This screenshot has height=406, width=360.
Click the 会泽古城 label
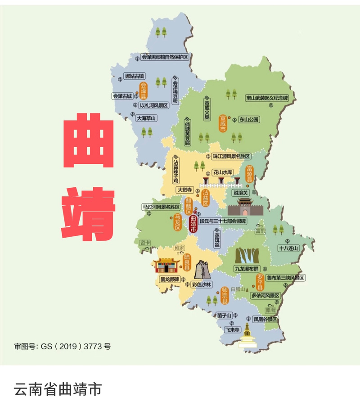coord(122,96)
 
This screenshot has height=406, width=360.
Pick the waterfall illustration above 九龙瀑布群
coord(247,256)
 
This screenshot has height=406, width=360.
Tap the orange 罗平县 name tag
coord(260,282)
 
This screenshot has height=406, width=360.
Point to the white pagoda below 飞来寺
coord(247,338)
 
